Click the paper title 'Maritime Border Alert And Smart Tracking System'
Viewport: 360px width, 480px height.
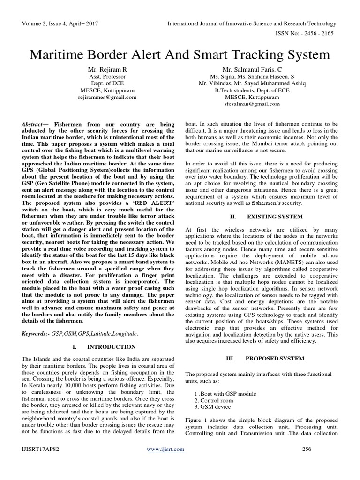180,54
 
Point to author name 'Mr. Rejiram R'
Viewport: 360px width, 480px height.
107,69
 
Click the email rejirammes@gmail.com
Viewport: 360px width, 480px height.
107,97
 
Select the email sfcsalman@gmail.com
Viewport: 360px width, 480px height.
253,104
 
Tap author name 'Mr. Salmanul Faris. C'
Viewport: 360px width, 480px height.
253,69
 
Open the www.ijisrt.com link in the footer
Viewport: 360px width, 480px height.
165,462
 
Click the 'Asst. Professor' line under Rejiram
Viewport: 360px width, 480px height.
107,76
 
